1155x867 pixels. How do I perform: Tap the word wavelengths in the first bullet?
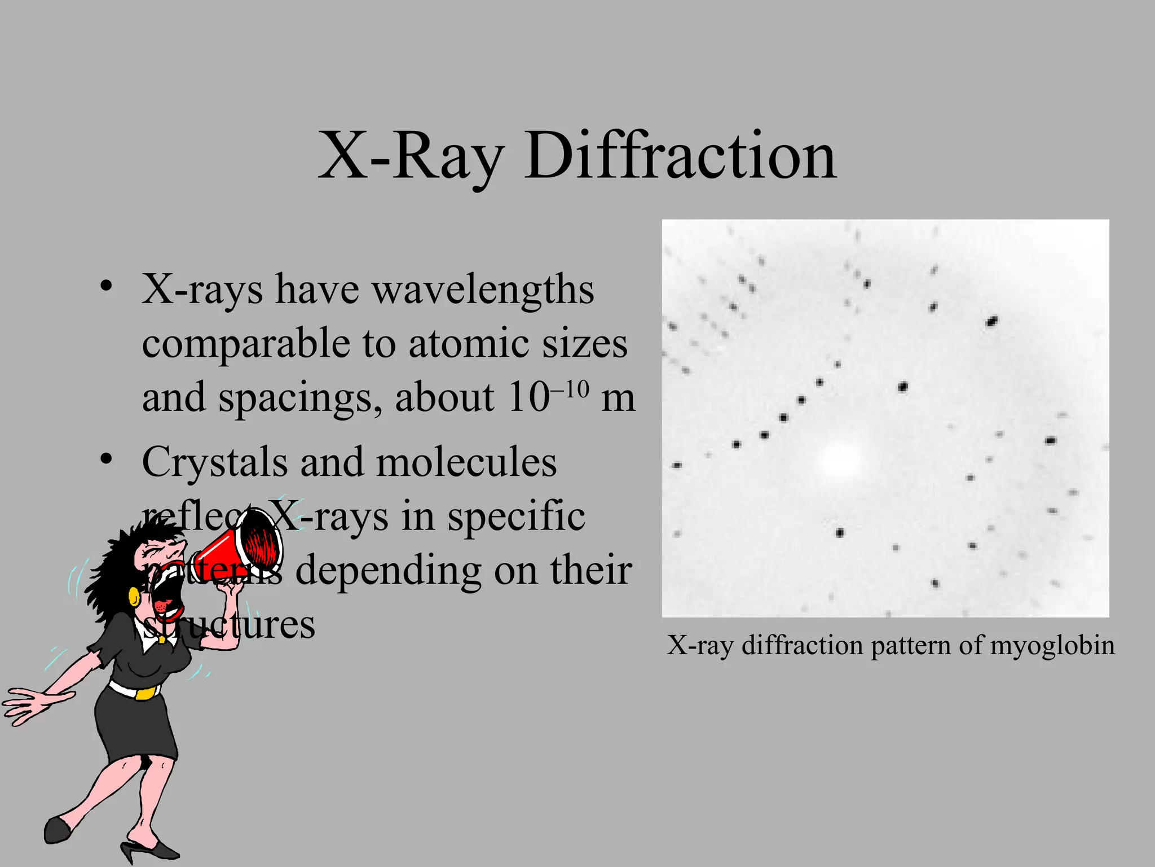483,290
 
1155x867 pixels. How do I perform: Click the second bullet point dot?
105,458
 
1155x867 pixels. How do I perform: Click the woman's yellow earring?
134,596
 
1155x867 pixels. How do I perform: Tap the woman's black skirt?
135,728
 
